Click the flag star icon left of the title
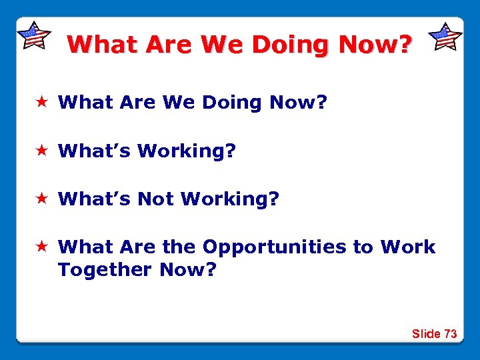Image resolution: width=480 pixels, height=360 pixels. click(33, 35)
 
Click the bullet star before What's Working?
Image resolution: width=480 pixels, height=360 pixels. click(41, 151)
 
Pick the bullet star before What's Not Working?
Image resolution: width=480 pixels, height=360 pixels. click(41, 199)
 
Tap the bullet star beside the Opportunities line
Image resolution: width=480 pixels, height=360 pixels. click(41, 247)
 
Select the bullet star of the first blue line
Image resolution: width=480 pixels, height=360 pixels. click(41, 103)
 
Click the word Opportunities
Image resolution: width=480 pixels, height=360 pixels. click(274, 247)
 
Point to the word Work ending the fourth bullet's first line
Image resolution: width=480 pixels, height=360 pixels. click(407, 247)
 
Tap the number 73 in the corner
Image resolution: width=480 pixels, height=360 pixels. click(450, 334)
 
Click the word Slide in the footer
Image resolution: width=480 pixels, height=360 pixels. click(426, 334)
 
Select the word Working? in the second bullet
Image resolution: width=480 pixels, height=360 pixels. click(187, 151)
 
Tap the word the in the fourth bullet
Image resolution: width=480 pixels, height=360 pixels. click(179, 247)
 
